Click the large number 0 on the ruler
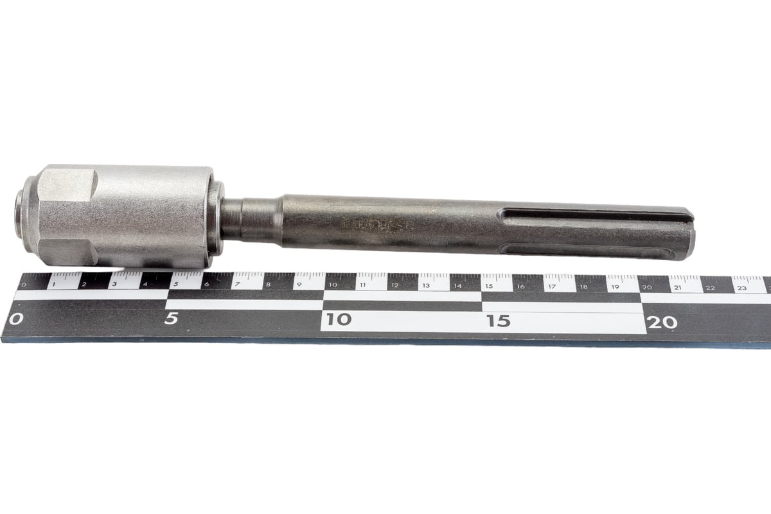[x=17, y=318]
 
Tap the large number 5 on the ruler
[x=171, y=318]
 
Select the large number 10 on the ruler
[x=338, y=319]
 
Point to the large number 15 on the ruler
[x=498, y=321]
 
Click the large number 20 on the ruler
[x=662, y=322]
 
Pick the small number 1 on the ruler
[x=54, y=283]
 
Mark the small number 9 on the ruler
[x=298, y=285]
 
